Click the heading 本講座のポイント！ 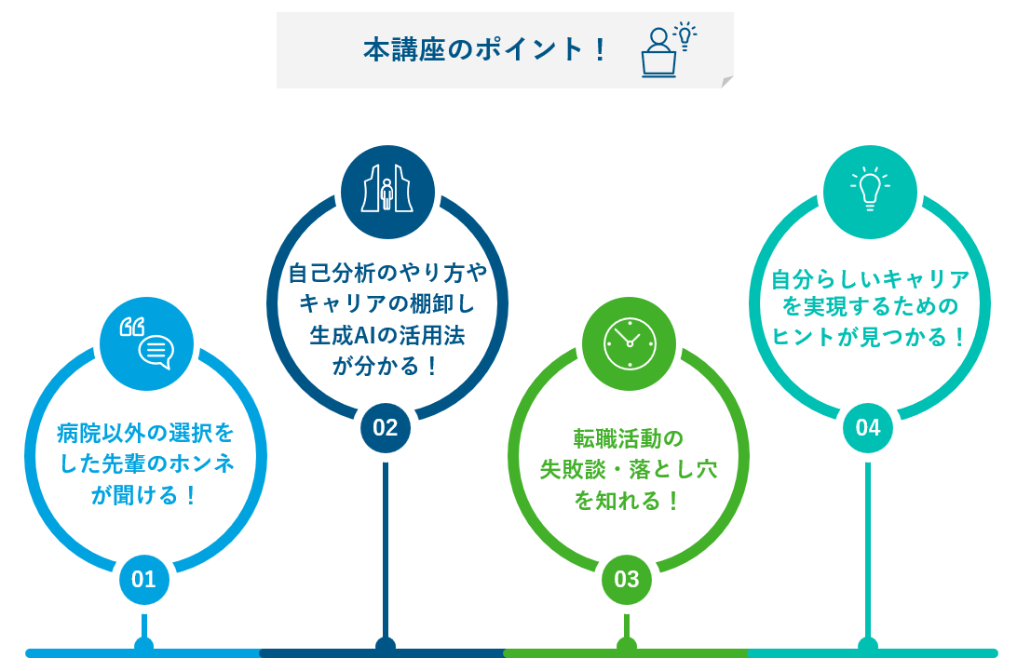pos(485,50)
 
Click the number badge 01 pos(144,579)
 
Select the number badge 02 pos(386,427)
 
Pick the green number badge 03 pos(627,579)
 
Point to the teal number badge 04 pos(868,427)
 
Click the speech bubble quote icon pos(146,343)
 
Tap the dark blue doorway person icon pos(387,192)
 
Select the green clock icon pos(630,343)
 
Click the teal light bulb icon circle pos(871,192)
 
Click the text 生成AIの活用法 pos(387,335)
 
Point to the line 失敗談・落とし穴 pos(629,469)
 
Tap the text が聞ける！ pos(144,495)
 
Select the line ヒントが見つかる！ pos(870,337)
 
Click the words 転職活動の pos(629,439)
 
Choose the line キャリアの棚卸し pos(387,303)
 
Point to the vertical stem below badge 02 pos(386,550)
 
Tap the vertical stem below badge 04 pos(868,550)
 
